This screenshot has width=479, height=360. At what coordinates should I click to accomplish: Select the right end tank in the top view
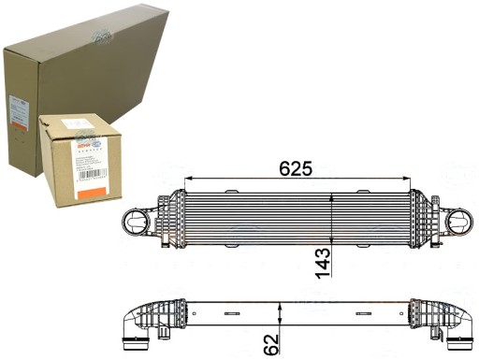coord(426,224)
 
